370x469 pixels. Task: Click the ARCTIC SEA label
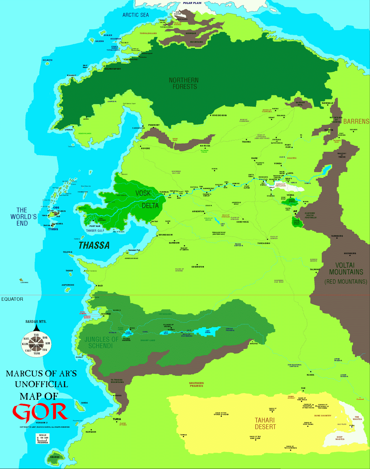click(135, 15)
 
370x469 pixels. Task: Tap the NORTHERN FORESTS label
click(184, 84)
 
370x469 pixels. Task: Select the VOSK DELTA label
click(146, 199)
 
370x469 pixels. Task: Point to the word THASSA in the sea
click(94, 246)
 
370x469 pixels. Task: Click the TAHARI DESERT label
click(265, 424)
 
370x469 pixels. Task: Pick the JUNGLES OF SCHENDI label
click(101, 343)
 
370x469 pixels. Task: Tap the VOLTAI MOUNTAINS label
click(346, 269)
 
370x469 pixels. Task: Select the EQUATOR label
click(12, 299)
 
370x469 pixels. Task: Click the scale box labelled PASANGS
click(43, 439)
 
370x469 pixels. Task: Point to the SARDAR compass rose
click(36, 344)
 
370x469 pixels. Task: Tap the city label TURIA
click(117, 419)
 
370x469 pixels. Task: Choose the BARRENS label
click(356, 121)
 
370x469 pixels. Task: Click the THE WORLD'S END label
click(22, 217)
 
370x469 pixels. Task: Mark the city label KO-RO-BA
click(205, 146)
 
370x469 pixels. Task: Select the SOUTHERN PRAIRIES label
click(196, 385)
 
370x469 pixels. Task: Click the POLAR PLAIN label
click(192, 3)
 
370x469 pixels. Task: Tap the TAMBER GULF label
click(95, 231)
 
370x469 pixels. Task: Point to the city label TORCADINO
click(264, 243)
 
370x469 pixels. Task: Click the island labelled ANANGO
click(55, 457)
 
